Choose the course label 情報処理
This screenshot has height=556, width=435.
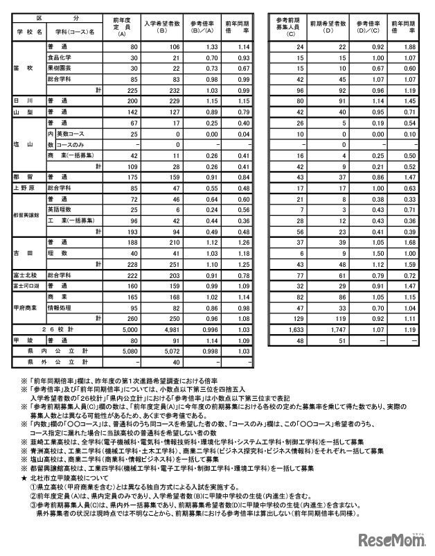click(60, 308)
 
